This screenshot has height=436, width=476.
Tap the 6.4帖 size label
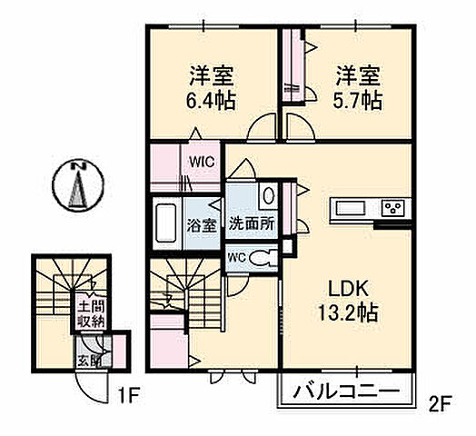coord(212,100)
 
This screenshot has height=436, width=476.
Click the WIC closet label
coord(200,162)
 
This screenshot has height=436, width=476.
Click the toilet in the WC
coord(260,257)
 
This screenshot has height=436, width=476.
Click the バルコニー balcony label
coord(346,392)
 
